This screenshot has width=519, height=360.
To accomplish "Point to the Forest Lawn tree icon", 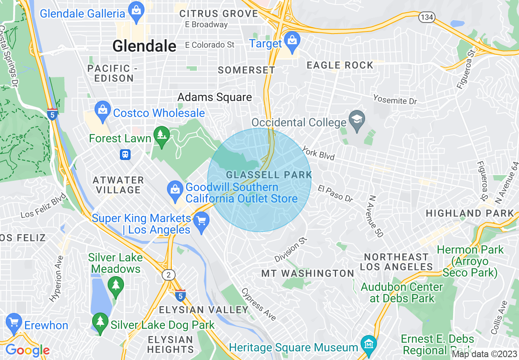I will pos(162,135).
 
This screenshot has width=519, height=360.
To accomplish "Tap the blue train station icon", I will pos(125,154).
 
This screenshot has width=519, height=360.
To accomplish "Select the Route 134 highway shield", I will pos(426,17).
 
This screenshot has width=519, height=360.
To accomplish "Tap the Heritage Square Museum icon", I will pos(369,343).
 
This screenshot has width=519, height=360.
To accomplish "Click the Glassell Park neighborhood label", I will pos(269,175).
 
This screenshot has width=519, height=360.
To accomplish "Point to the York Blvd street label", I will pos(318,153).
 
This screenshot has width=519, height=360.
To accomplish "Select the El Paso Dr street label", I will pos(335,193).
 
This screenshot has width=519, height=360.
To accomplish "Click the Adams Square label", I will pos(214,97).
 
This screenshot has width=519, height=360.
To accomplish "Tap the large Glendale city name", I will pos(144,46).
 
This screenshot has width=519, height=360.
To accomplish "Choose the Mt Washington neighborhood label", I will pos(308,273).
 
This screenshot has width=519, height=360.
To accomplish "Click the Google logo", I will pos(27,350).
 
